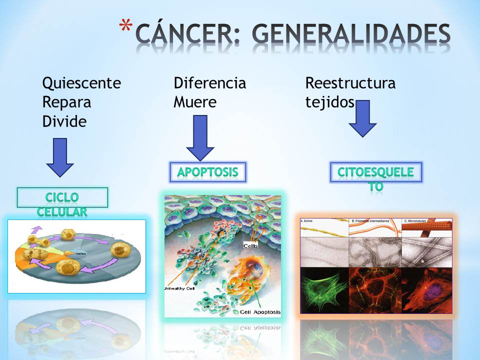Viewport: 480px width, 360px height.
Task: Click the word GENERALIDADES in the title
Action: [350, 34]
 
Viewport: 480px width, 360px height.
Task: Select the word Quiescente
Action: [81, 83]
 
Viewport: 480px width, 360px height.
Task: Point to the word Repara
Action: [66, 102]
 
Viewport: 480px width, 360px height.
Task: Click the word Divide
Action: [64, 121]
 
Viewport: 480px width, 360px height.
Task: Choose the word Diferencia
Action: [210, 83]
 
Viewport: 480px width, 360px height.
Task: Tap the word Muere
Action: [195, 102]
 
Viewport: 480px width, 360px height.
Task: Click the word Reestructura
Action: [350, 83]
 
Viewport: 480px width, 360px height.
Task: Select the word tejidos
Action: [330, 102]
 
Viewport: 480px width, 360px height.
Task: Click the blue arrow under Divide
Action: [60, 157]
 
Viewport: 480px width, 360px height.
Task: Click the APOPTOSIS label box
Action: [207, 172]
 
